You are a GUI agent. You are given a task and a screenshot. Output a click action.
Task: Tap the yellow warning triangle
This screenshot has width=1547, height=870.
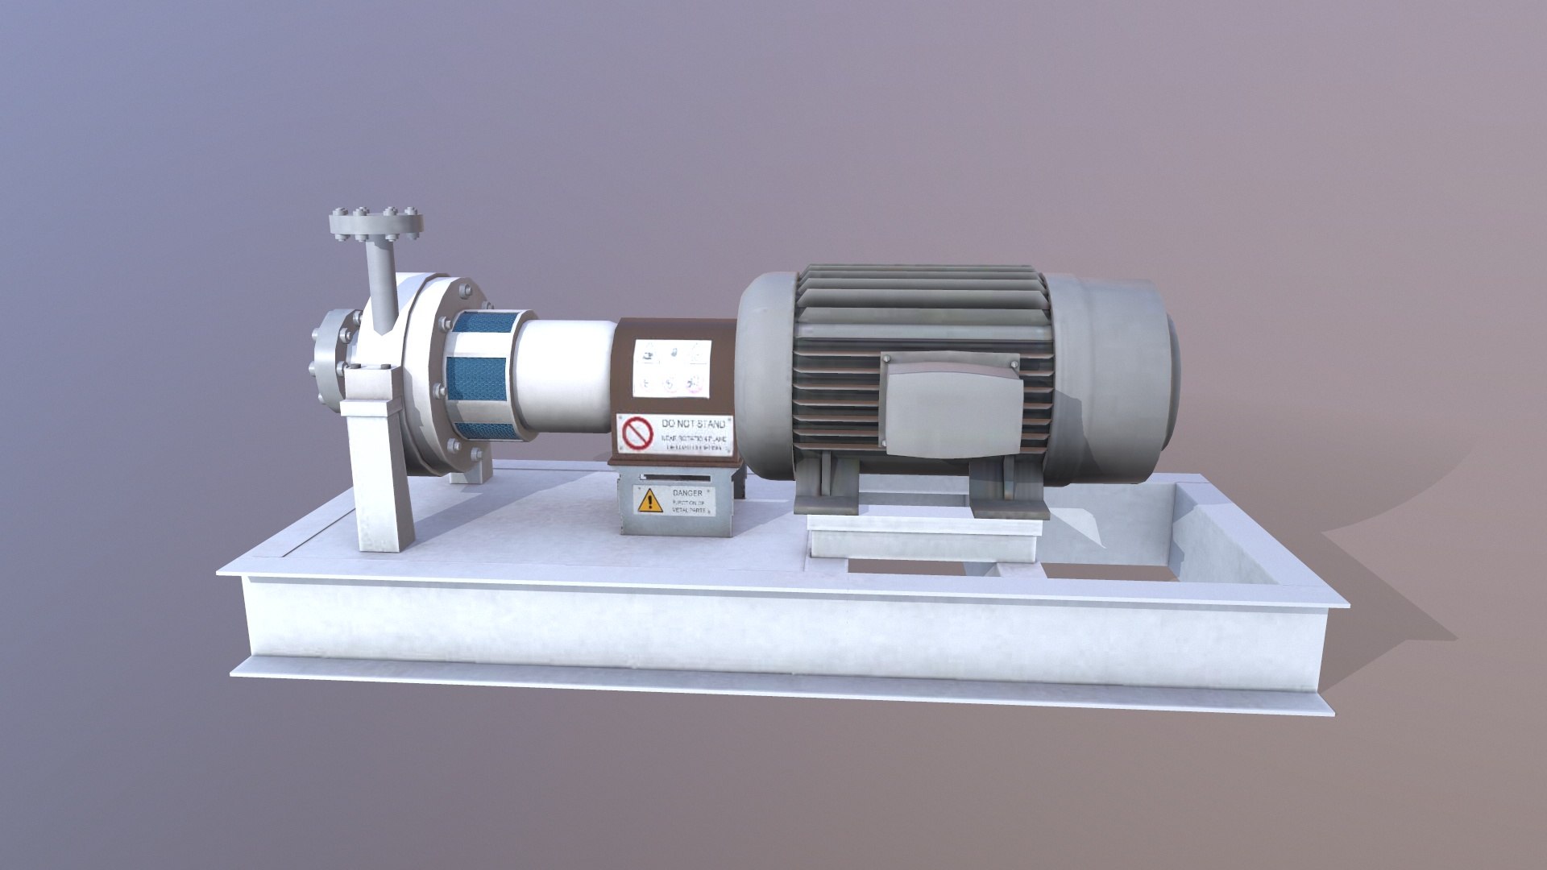click(648, 502)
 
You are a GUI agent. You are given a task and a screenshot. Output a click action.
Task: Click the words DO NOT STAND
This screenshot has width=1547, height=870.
click(692, 423)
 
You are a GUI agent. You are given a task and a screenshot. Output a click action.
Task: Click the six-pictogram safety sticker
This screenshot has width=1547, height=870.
click(671, 368)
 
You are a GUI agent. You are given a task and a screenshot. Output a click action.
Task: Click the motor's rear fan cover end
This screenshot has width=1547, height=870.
click(1128, 379)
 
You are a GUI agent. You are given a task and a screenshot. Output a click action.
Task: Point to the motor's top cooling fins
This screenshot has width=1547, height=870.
click(919, 298)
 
